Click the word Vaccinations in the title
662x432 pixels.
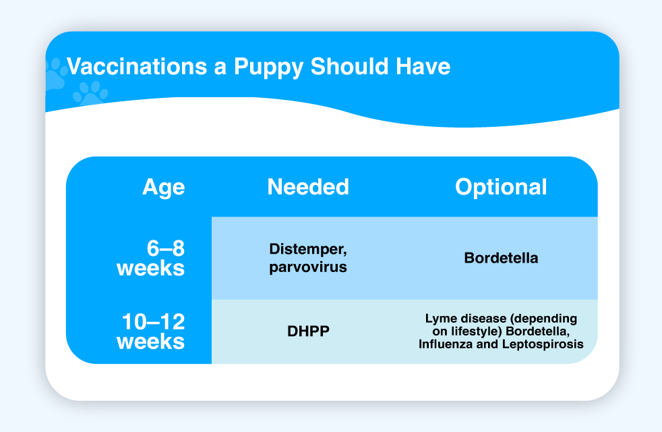(138, 66)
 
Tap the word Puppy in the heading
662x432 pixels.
(268, 67)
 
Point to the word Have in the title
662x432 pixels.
(423, 66)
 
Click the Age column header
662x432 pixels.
(164, 187)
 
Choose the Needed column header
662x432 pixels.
(308, 186)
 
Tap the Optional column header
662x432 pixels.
(501, 187)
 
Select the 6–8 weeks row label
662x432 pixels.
(151, 258)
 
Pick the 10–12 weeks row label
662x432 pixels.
(151, 331)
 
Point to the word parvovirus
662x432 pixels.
(308, 267)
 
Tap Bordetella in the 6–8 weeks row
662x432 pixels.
(501, 258)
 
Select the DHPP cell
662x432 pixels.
(308, 331)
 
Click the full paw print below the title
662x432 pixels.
(90, 93)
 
